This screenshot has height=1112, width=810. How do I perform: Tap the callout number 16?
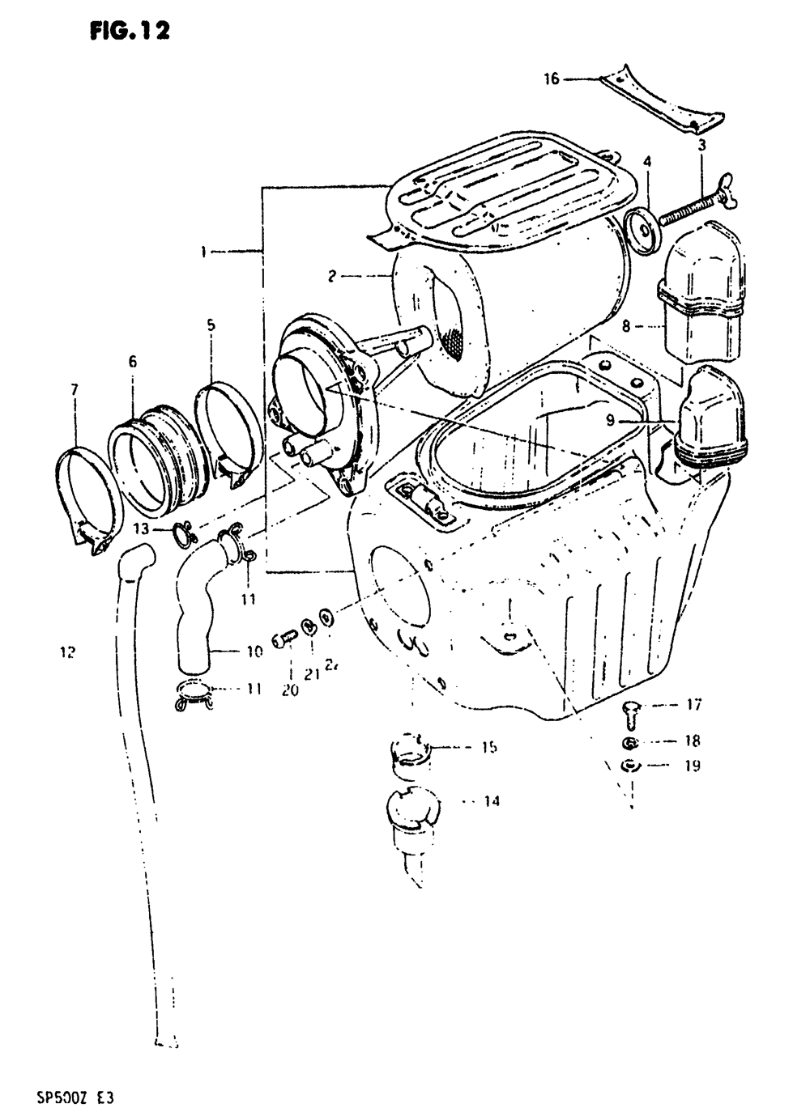[551, 79]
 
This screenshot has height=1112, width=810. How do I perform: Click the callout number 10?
[254, 650]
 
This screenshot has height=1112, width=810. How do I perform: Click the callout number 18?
[692, 741]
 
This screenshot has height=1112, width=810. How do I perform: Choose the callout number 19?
[692, 766]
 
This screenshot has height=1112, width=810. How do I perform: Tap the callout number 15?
[488, 748]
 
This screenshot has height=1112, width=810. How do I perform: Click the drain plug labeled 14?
[413, 809]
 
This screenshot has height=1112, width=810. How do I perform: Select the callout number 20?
[290, 690]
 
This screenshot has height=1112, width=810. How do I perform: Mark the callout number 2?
[331, 277]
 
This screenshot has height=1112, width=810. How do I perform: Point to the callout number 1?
[204, 252]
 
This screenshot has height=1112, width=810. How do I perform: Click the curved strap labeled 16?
[664, 101]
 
